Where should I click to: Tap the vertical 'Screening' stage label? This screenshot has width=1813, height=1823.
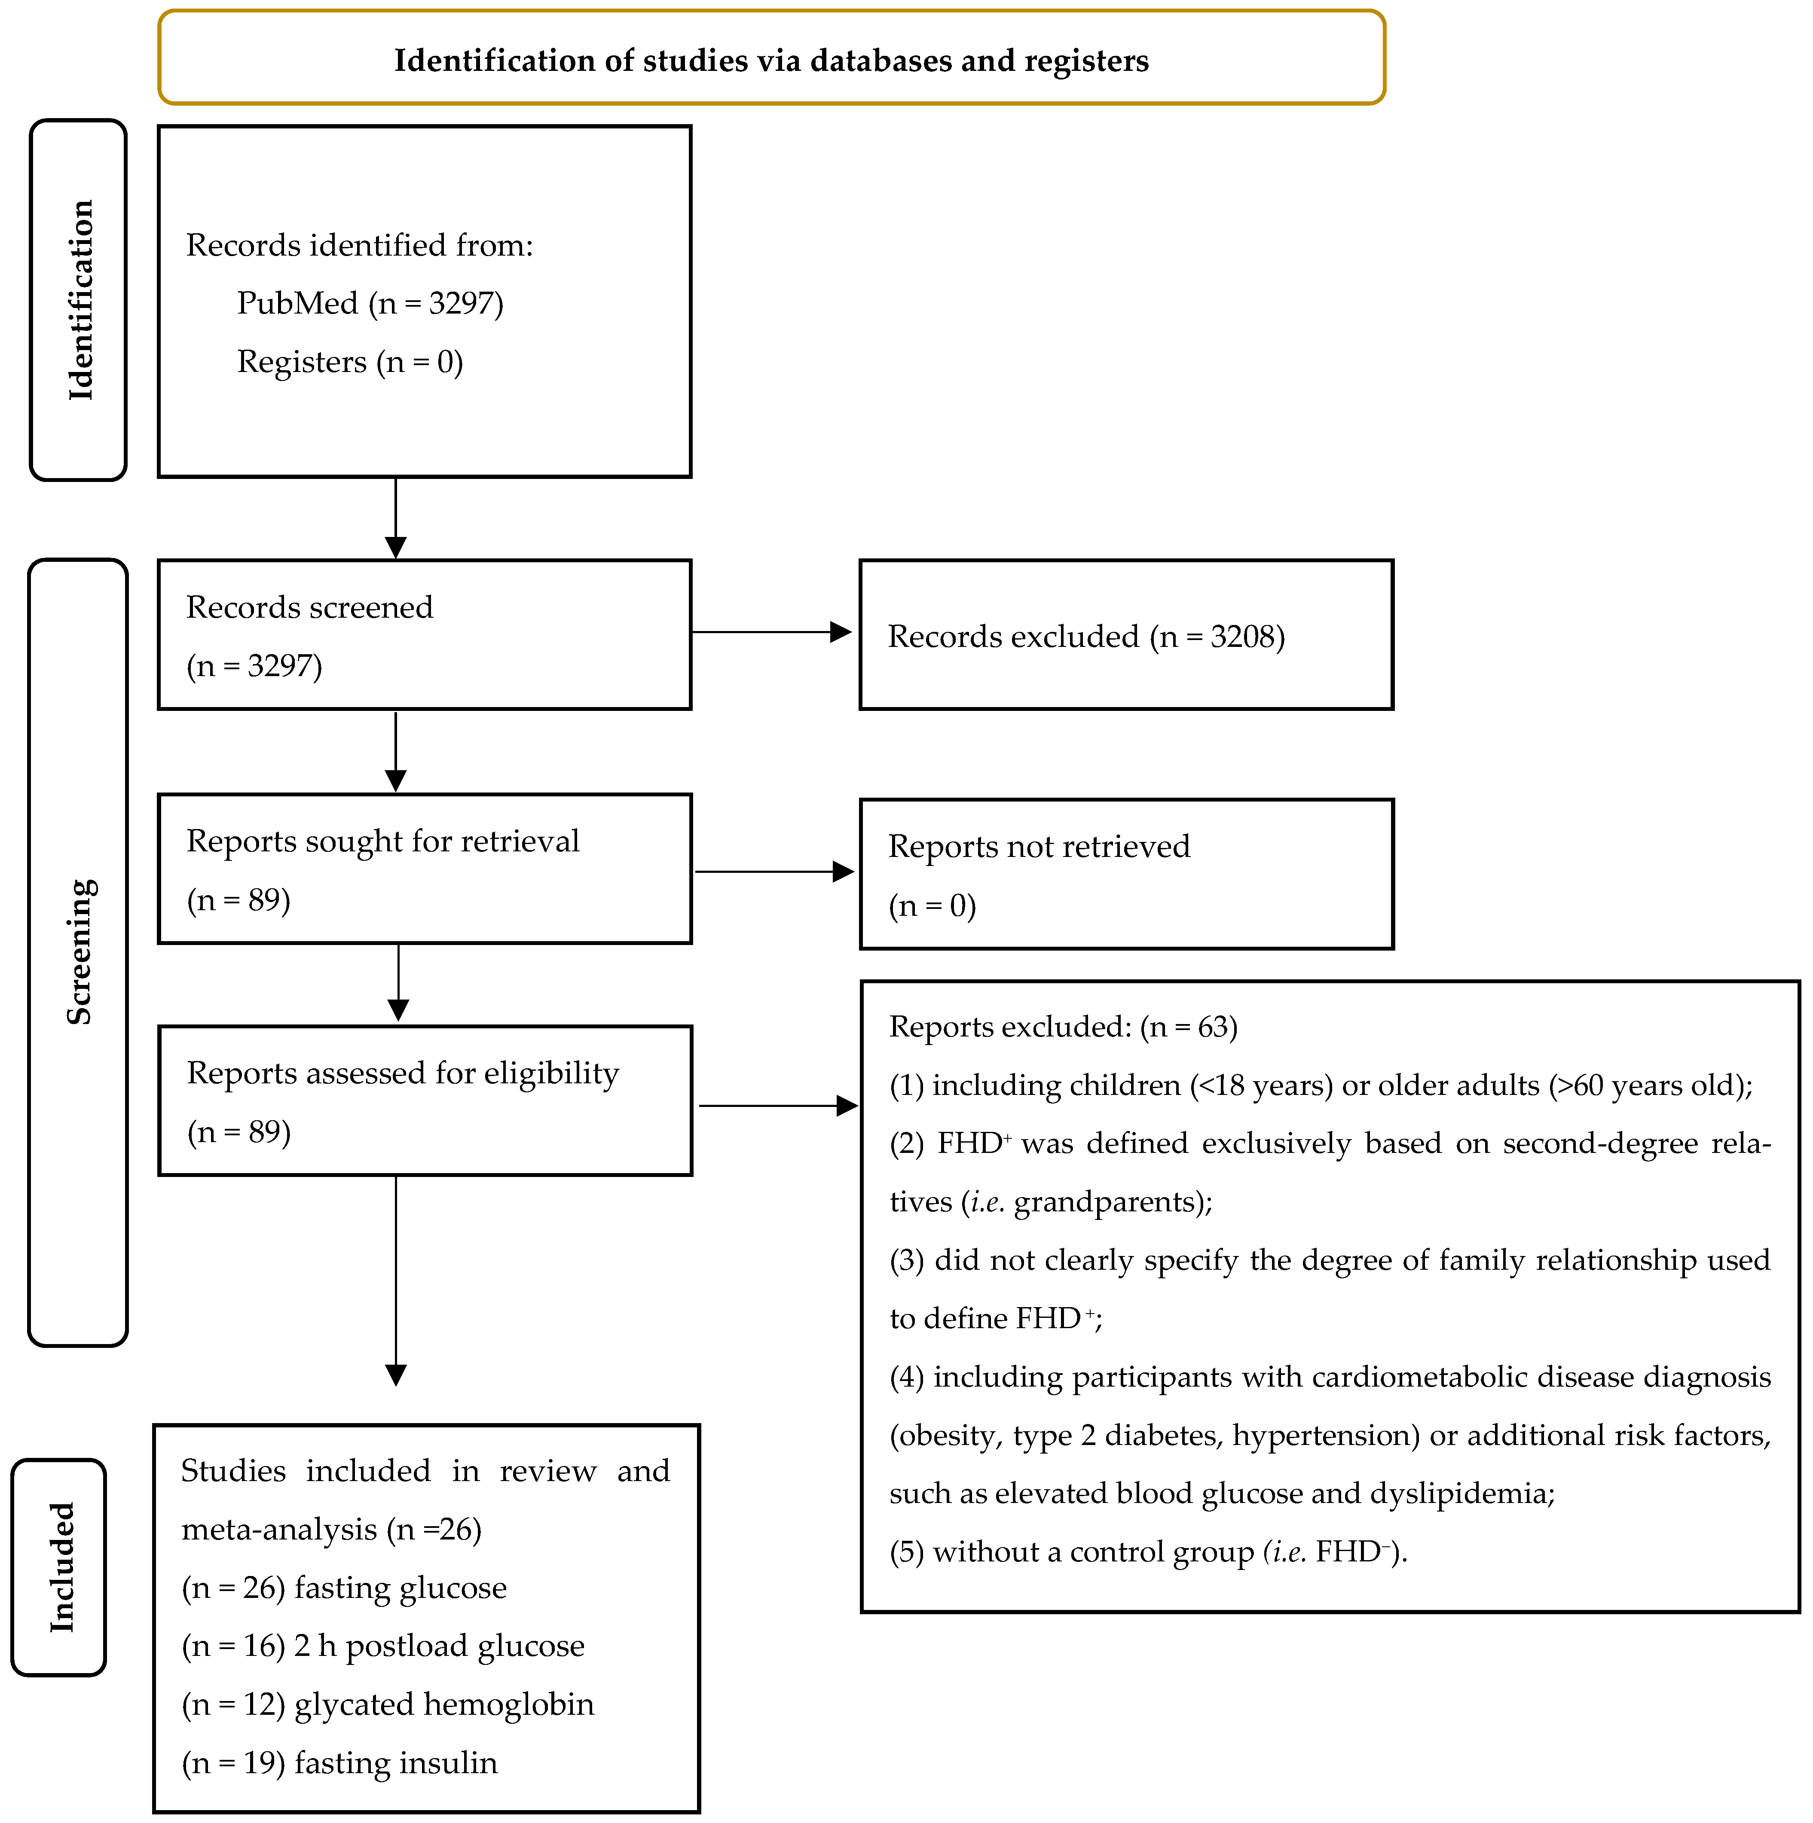pyautogui.click(x=80, y=951)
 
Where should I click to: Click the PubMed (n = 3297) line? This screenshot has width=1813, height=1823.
pyautogui.click(x=370, y=303)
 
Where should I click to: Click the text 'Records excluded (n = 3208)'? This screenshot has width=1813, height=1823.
pyautogui.click(x=1086, y=637)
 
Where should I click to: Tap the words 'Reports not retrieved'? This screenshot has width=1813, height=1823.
pyautogui.click(x=1039, y=846)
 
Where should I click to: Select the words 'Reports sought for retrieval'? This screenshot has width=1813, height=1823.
pyautogui.click(x=383, y=841)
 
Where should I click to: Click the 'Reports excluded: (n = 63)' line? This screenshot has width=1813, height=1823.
pyautogui.click(x=1064, y=1027)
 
